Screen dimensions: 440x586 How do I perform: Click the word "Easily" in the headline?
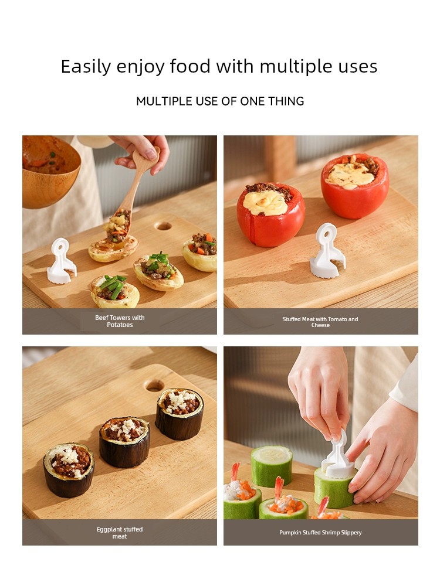[86, 67]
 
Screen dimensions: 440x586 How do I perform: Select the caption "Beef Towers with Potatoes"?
[120, 321]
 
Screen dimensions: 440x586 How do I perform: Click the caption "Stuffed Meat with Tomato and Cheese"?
[320, 322]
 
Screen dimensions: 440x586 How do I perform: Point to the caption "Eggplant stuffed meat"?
[120, 533]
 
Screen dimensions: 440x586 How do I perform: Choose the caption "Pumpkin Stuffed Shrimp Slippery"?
[321, 533]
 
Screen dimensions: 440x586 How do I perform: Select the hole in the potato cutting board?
[164, 226]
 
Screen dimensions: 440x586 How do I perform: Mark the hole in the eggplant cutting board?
[155, 386]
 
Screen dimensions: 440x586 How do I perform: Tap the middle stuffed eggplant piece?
[124, 442]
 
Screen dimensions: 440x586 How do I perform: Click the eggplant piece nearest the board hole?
[180, 414]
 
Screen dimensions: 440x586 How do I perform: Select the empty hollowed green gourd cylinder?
[272, 466]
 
